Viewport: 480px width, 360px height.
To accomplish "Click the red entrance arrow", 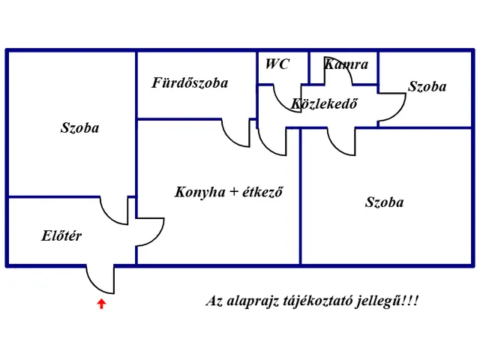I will [101, 303].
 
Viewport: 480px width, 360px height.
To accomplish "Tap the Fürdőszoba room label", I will [190, 82].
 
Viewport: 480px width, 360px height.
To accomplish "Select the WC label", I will [276, 64].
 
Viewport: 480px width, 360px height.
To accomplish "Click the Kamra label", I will [346, 64].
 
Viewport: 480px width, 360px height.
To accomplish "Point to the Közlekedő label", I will [324, 103].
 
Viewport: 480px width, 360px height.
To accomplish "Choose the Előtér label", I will [61, 236].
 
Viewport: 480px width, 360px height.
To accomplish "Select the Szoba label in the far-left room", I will [79, 127].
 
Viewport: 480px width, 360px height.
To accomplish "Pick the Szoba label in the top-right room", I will [427, 87].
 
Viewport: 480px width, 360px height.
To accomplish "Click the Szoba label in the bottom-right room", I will [384, 202].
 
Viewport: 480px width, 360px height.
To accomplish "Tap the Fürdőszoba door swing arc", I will [237, 133].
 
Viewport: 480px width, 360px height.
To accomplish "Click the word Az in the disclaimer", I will [214, 301].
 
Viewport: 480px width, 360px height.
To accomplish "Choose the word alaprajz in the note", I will [252, 302].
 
